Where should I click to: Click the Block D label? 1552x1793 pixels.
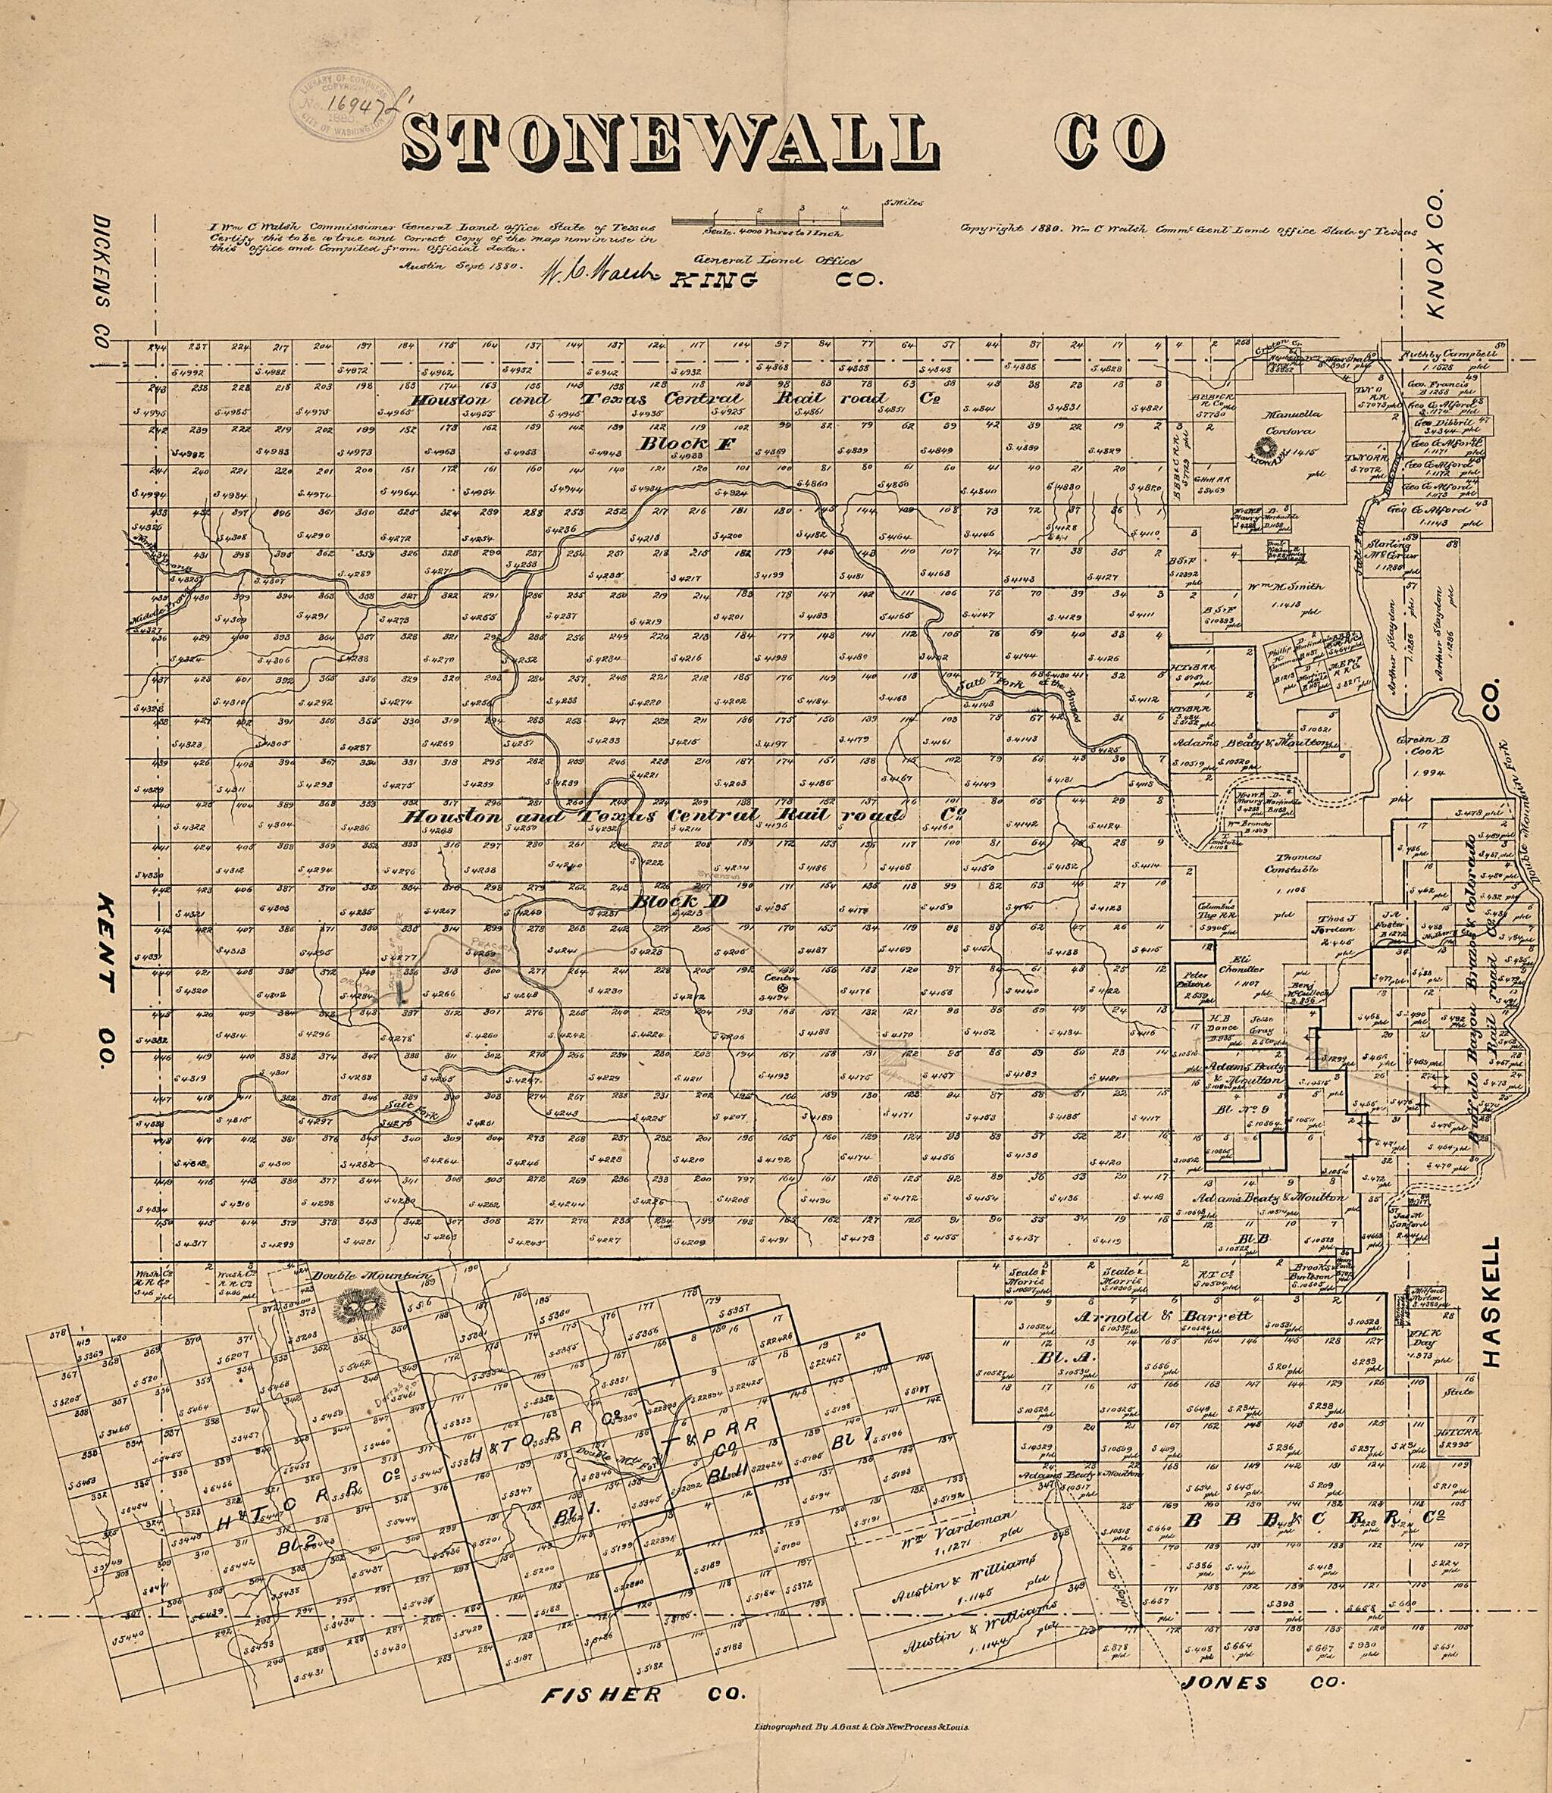pyautogui.click(x=677, y=901)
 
